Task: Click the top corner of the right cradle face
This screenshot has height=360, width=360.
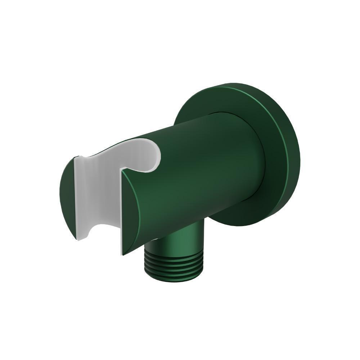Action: click(122, 170)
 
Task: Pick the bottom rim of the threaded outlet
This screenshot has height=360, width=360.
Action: click(174, 279)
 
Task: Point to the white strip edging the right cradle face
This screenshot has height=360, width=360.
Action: click(121, 212)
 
